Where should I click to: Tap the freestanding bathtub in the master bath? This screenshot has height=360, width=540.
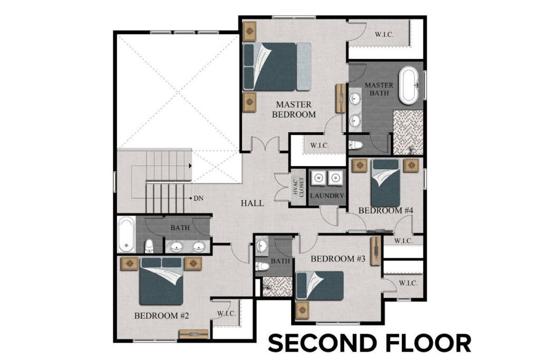click(x=408, y=85)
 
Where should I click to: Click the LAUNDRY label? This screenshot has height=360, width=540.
click(x=327, y=196)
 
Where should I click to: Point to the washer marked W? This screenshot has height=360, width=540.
click(x=319, y=178)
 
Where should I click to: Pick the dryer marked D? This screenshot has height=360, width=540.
click(x=334, y=178)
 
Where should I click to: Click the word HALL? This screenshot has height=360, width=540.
click(x=253, y=203)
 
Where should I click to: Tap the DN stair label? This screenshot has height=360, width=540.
click(x=198, y=199)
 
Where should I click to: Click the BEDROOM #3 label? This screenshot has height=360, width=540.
click(x=338, y=259)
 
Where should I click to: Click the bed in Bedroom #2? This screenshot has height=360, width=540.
click(x=161, y=281)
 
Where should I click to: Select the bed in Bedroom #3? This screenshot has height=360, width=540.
click(x=320, y=285)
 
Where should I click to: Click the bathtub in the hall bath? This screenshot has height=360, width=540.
click(x=127, y=234)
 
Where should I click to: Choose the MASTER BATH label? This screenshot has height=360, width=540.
click(x=380, y=89)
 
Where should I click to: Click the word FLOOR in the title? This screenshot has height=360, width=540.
click(x=427, y=343)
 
